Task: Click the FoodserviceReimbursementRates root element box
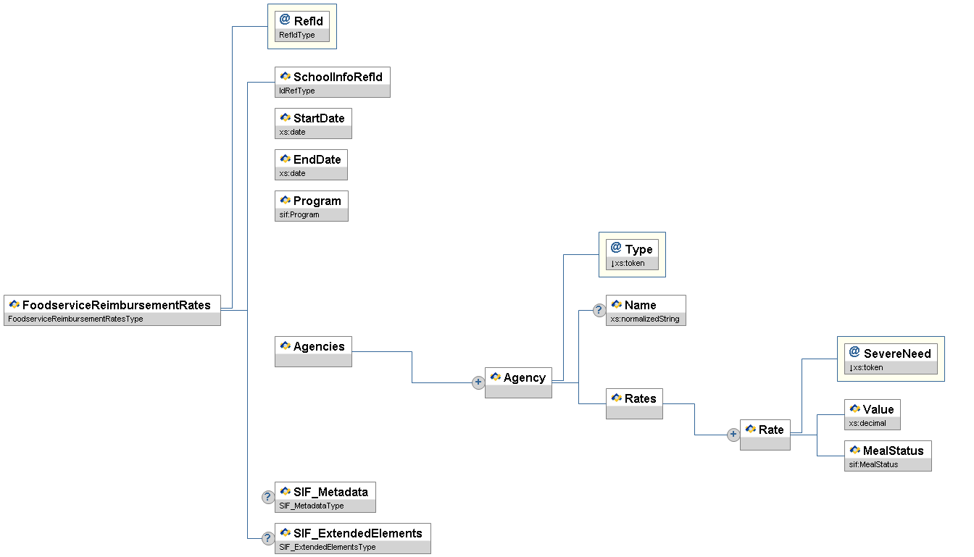click(x=112, y=310)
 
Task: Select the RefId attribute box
click(x=302, y=26)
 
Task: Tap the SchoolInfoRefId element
click(x=333, y=82)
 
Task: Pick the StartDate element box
click(x=313, y=123)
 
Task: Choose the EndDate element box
click(x=311, y=164)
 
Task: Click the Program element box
click(x=312, y=206)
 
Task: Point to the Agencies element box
click(x=313, y=351)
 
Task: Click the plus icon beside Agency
click(x=478, y=382)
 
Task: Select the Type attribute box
click(x=632, y=254)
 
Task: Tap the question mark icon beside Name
click(x=599, y=310)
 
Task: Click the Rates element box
click(x=634, y=403)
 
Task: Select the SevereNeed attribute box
click(x=891, y=359)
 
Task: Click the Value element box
click(x=873, y=414)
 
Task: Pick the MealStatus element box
click(x=888, y=456)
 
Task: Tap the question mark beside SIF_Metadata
click(x=268, y=497)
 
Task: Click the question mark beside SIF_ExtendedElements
click(x=268, y=538)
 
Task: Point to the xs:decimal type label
click(x=867, y=423)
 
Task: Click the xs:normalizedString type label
click(x=645, y=319)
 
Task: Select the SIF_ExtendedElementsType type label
click(x=328, y=547)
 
